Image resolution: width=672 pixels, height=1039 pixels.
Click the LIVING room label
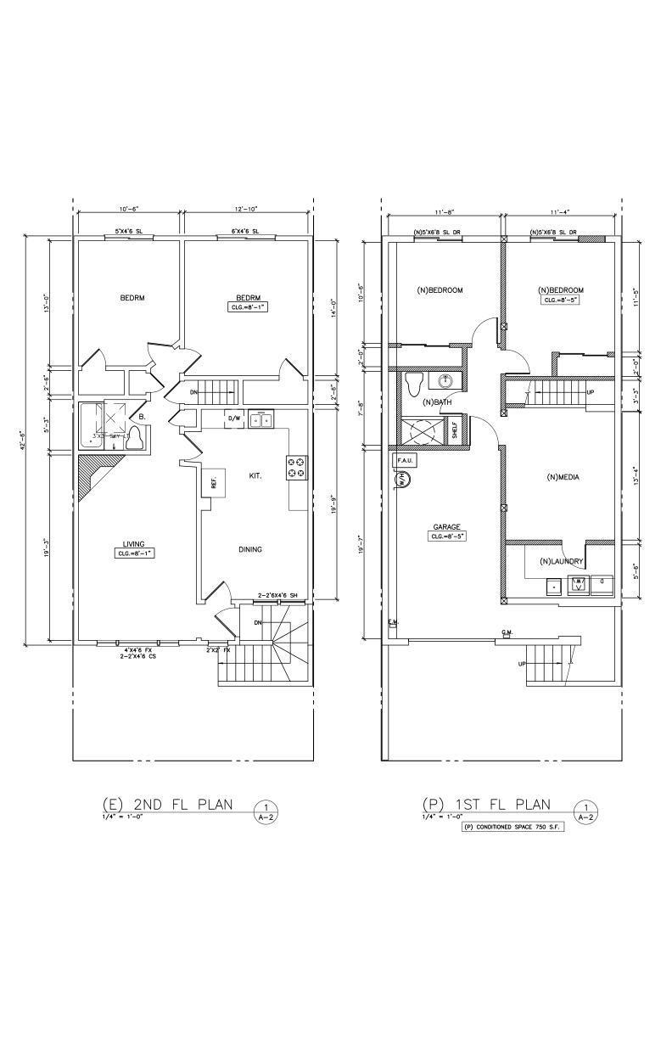pyautogui.click(x=133, y=544)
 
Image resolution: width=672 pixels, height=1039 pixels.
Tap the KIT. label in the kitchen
pyautogui.click(x=254, y=476)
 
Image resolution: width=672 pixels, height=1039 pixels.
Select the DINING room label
pyautogui.click(x=249, y=549)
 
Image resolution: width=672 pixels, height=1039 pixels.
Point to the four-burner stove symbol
pyautogui.click(x=297, y=468)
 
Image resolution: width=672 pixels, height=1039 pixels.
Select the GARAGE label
pyautogui.click(x=447, y=525)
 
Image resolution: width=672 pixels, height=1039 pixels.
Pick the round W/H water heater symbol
pyautogui.click(x=402, y=479)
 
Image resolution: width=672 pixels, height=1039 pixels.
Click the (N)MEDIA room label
pyautogui.click(x=563, y=477)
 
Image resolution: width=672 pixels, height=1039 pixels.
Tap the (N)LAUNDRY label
pyautogui.click(x=561, y=561)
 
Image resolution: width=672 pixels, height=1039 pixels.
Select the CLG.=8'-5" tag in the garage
pyautogui.click(x=448, y=536)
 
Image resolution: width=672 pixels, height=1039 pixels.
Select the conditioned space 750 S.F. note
pyautogui.click(x=512, y=826)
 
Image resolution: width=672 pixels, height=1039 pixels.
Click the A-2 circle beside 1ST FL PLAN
pyautogui.click(x=585, y=812)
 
